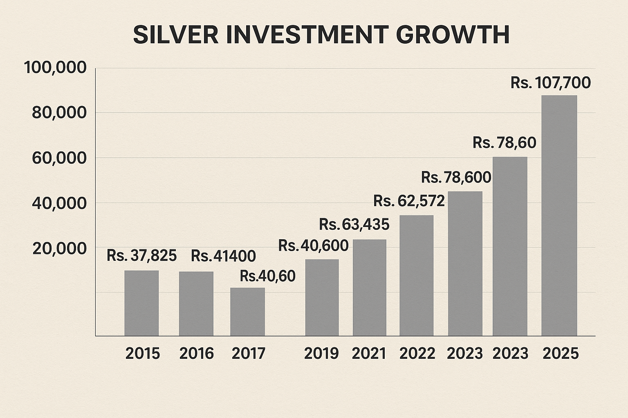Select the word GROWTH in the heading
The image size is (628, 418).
pos(453,35)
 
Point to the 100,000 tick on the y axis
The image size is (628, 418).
pos(55,68)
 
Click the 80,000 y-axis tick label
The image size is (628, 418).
pos(59,113)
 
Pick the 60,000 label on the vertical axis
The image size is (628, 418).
pos(59,158)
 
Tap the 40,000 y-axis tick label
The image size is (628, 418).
pos(59,203)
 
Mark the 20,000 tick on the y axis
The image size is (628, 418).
pos(59,248)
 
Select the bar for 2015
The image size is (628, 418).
pos(141,303)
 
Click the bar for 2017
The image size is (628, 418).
pos(247,311)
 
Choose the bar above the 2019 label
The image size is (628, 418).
pos(322,297)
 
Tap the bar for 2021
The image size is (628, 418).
pos(370,287)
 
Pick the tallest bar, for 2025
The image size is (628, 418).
pos(559,215)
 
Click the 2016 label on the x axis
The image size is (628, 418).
pos(196,354)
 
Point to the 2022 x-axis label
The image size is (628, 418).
pos(417,354)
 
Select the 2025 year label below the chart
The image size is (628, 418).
pos(561,354)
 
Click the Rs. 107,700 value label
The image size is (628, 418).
pos(550,83)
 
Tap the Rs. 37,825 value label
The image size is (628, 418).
pos(141,256)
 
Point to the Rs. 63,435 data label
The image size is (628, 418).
pos(354,224)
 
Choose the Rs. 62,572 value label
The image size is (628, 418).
pos(409,201)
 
